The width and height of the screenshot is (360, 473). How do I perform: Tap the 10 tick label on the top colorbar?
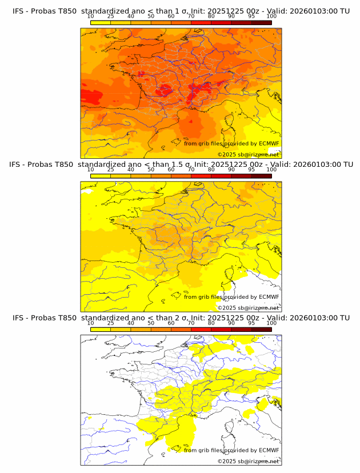[x=91, y=17]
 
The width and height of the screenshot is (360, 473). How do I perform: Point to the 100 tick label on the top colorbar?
[x=271, y=17]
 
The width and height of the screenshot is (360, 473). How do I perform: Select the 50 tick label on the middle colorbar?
[x=151, y=170]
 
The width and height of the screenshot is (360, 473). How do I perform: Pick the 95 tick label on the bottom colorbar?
[x=251, y=323]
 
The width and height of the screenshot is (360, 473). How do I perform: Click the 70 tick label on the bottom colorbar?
[x=191, y=323]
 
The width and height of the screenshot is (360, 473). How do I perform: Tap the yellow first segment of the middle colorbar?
[x=101, y=175]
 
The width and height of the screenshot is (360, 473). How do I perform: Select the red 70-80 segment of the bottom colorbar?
[x=201, y=328]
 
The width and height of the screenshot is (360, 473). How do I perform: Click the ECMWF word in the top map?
[x=269, y=143]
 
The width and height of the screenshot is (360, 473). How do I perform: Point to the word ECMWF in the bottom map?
[x=269, y=450]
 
